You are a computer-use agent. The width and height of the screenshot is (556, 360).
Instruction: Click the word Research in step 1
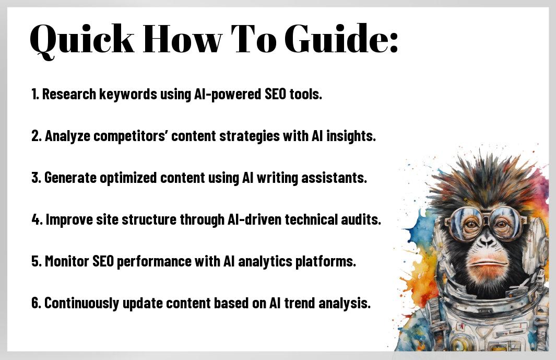[x=69, y=95]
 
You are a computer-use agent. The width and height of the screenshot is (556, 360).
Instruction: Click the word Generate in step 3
[x=70, y=178]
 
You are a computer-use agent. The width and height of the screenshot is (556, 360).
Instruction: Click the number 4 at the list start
[x=36, y=219]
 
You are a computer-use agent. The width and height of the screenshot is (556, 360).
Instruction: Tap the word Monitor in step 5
[x=67, y=261]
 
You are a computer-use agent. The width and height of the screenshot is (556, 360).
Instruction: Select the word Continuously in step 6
[x=81, y=303]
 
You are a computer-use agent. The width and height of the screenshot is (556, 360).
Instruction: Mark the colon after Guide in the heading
[x=393, y=43]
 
